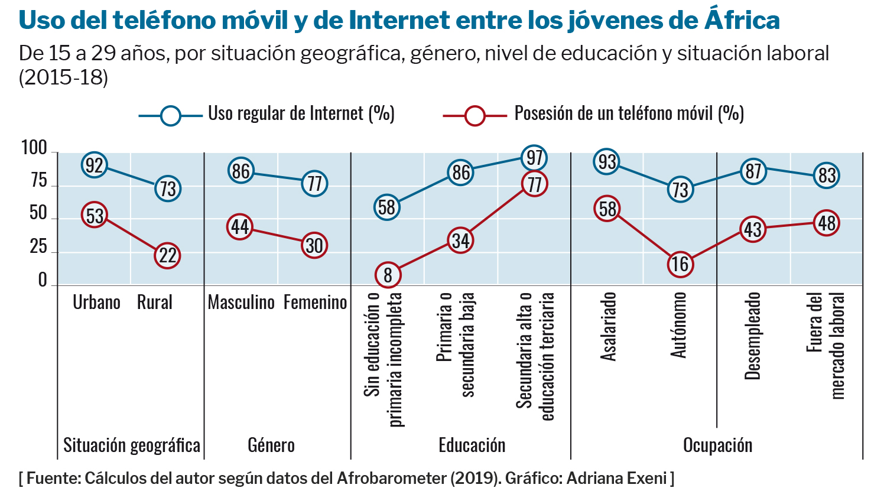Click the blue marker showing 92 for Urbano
(x=95, y=165)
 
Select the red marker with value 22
(x=168, y=255)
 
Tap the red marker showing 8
(x=388, y=275)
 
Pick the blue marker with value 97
(x=534, y=158)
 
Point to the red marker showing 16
(x=680, y=264)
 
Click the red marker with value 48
(x=827, y=223)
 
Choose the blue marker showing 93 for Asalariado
(x=607, y=161)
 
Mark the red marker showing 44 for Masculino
(x=240, y=227)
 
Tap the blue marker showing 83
(x=827, y=175)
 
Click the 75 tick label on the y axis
(x=38, y=181)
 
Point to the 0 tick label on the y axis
(x=43, y=281)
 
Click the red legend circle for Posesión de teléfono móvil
(x=474, y=115)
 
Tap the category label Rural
(x=155, y=303)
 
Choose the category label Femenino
(x=315, y=303)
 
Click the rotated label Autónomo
(x=679, y=324)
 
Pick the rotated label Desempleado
(x=752, y=336)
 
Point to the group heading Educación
(x=472, y=446)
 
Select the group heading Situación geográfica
(x=131, y=446)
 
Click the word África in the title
(x=742, y=21)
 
